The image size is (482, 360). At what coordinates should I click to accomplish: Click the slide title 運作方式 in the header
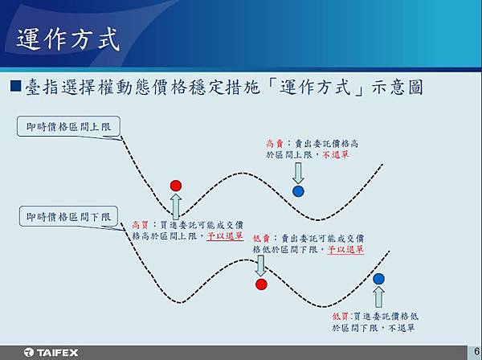click(x=68, y=39)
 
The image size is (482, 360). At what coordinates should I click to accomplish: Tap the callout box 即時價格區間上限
click(x=68, y=126)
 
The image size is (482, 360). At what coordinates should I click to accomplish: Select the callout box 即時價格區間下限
click(x=68, y=216)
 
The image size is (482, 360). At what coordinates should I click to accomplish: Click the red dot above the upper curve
click(x=176, y=186)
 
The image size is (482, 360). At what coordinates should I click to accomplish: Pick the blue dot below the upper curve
click(x=298, y=191)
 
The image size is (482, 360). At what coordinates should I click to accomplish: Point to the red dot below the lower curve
click(x=261, y=284)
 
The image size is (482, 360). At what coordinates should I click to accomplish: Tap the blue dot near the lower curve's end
click(x=378, y=279)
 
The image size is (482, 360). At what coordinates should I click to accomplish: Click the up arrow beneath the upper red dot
click(x=176, y=207)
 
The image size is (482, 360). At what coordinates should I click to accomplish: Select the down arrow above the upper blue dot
click(x=298, y=173)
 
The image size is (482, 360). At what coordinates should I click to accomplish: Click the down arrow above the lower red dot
click(x=260, y=266)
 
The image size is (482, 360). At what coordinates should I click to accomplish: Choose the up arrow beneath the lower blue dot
click(x=378, y=297)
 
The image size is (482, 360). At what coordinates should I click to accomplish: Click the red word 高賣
click(x=275, y=144)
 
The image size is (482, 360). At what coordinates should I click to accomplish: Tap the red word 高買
click(x=140, y=225)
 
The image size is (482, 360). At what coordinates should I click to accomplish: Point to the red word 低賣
click(x=261, y=238)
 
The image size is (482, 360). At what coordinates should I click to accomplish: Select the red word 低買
click(x=341, y=317)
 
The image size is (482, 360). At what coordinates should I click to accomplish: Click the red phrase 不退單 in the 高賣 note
click(x=336, y=154)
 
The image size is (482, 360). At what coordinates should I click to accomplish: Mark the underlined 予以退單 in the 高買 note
click(x=225, y=236)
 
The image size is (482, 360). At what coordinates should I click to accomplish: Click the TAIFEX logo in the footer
click(x=51, y=352)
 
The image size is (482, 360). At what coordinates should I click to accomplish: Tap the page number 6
click(x=476, y=351)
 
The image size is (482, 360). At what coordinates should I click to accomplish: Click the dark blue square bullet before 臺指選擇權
click(x=15, y=86)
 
